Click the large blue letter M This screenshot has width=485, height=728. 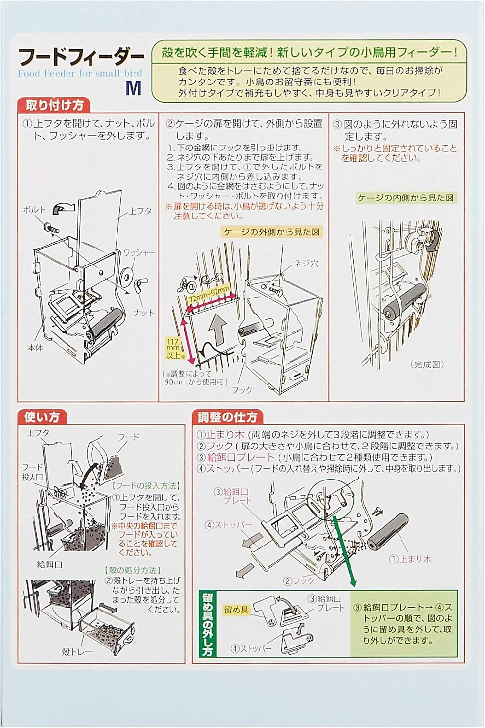[134, 87]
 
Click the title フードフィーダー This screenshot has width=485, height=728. [81, 57]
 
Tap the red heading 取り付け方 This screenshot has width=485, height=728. [54, 105]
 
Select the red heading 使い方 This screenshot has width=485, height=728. [42, 417]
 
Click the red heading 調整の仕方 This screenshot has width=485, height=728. [228, 417]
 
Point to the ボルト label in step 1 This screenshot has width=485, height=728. [34, 209]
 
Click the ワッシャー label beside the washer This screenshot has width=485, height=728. [139, 252]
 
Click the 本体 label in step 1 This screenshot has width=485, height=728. [35, 348]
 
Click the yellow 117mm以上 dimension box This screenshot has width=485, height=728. [173, 348]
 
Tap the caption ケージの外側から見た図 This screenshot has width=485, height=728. [272, 232]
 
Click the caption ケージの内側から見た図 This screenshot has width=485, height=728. [406, 198]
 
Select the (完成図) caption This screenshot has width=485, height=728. [427, 364]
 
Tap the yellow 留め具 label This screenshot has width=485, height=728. [236, 610]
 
